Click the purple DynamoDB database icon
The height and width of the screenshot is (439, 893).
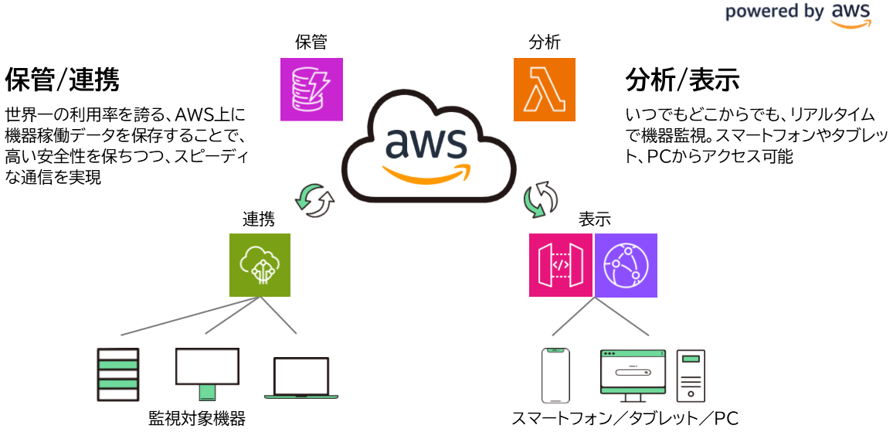click(311, 90)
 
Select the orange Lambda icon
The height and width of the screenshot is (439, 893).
click(545, 90)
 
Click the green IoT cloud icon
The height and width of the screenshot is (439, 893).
click(260, 265)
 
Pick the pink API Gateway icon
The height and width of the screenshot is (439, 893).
click(560, 265)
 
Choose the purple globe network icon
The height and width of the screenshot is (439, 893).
click(626, 265)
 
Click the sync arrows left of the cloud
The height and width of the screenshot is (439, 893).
click(314, 200)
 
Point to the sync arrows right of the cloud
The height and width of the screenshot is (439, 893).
click(541, 199)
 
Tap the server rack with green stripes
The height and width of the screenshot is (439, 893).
click(118, 375)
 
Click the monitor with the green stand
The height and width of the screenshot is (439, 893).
click(207, 371)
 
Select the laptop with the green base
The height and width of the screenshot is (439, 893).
click(301, 377)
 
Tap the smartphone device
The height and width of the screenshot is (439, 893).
click(555, 376)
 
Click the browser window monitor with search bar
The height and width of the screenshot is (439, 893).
click(633, 374)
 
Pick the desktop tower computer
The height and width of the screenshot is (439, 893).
click(691, 376)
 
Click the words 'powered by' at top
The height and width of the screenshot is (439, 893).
click(773, 12)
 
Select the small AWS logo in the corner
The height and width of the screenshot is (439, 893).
click(851, 15)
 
